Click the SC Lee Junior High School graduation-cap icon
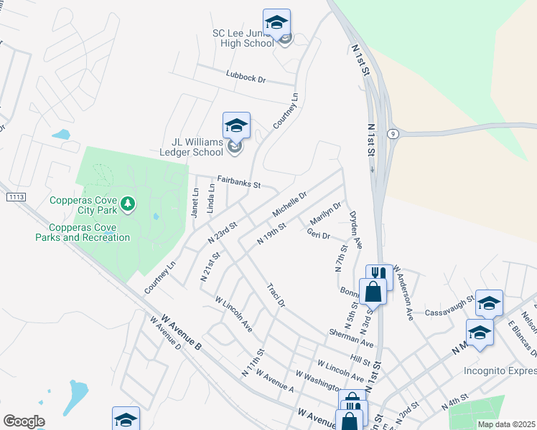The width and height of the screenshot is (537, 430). click(x=276, y=21)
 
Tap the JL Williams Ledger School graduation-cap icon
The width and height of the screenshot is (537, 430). click(x=236, y=125)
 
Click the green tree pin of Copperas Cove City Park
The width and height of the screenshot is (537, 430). click(x=128, y=204)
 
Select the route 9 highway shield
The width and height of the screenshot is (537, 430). click(x=393, y=133)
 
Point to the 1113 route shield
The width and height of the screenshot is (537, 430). click(x=15, y=196)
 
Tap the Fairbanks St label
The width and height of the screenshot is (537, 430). click(x=239, y=183)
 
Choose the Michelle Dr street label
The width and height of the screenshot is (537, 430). click(x=290, y=204)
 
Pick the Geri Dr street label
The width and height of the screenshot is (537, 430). click(x=318, y=234)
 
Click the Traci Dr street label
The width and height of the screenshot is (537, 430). click(x=276, y=295)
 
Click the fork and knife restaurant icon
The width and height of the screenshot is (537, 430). click(x=379, y=274)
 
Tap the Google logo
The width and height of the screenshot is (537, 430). click(x=24, y=421)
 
